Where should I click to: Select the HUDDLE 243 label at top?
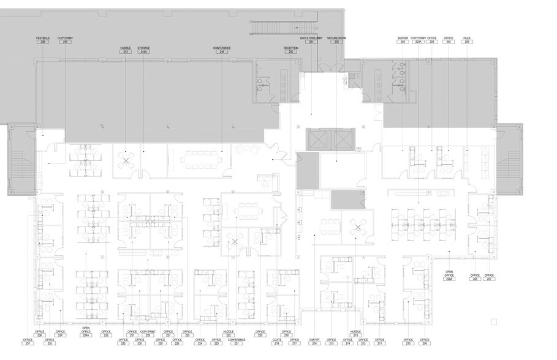pos(126,50)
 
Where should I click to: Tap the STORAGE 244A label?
pos(143,50)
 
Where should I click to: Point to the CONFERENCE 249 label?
pos(222,50)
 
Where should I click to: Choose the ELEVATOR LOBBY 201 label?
pos(311,39)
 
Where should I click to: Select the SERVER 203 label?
pos(403,39)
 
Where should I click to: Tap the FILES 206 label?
pos(468,39)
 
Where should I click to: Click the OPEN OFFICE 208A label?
pos(449,276)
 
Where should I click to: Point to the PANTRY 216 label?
pos(315,341)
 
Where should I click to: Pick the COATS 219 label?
pos(276,341)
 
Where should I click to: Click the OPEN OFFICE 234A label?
pos(86,332)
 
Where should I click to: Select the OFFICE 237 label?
pos(28,341)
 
